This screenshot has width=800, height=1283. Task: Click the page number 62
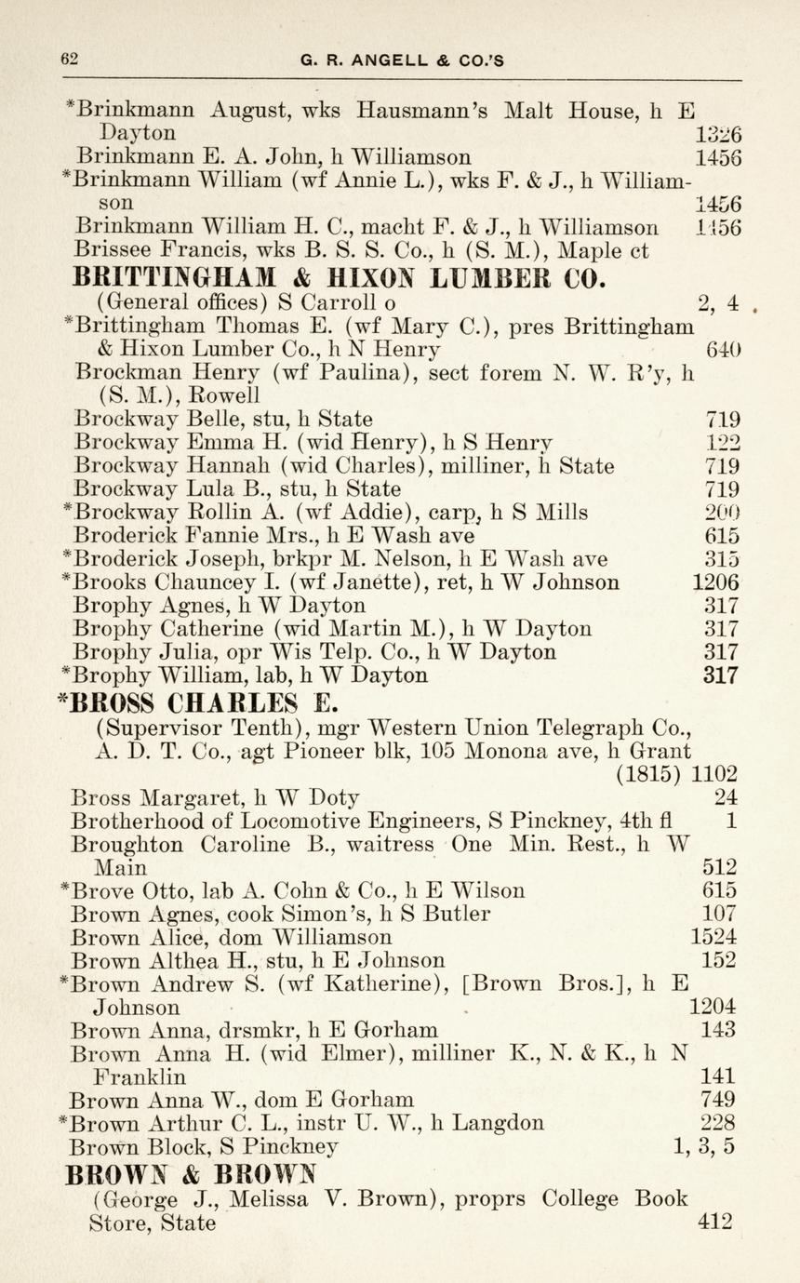click(69, 58)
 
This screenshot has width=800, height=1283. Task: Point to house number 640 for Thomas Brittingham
click(723, 349)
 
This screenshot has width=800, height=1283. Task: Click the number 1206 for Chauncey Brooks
click(716, 582)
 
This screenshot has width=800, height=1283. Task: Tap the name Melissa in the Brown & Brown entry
click(274, 1198)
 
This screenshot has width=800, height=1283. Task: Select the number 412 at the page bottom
click(715, 1222)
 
